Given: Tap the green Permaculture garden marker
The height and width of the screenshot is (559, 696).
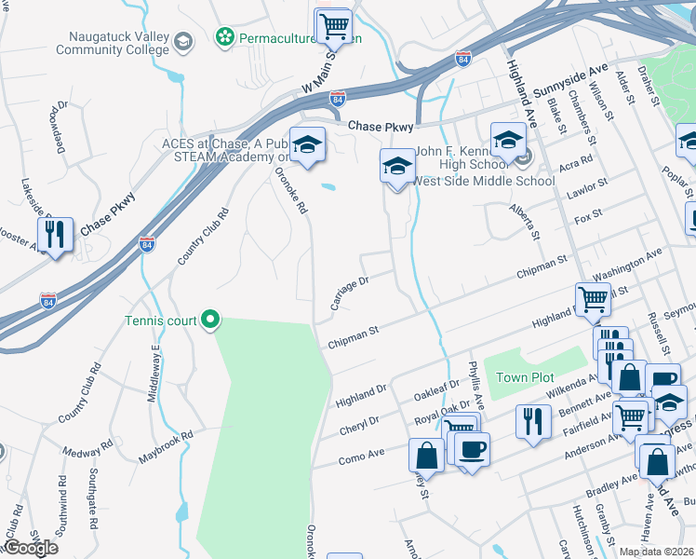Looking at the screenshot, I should (x=224, y=37).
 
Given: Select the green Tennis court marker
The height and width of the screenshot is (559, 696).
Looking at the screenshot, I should (x=210, y=320).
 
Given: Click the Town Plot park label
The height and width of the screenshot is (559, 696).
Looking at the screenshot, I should (x=525, y=377).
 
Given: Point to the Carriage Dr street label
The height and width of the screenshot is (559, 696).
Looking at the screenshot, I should (x=350, y=293).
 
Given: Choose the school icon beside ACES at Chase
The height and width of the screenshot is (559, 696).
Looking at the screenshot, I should (x=307, y=145).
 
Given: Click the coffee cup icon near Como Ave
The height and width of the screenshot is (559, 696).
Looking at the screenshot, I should (x=472, y=449).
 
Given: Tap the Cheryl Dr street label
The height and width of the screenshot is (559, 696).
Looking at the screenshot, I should (x=359, y=420).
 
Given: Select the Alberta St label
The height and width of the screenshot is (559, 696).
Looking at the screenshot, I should (x=524, y=219).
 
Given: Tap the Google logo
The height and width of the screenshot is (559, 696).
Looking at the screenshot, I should (x=31, y=548).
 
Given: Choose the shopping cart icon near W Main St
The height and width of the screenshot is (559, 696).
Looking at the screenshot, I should (x=333, y=25).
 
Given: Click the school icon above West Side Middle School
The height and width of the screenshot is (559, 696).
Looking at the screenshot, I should (x=397, y=167).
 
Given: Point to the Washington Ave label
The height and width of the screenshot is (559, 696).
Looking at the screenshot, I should (x=628, y=265).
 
